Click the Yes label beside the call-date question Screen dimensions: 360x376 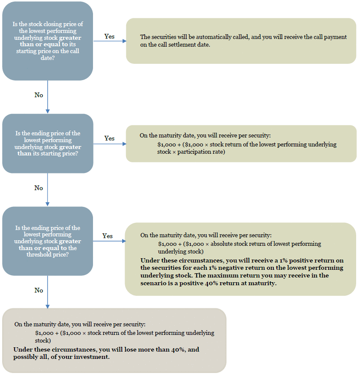click(109, 36)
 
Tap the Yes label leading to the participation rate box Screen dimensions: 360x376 click(109, 138)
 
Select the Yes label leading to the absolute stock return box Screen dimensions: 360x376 click(107, 236)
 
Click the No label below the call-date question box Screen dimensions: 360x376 click(39, 95)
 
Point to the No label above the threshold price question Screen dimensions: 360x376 click(39, 188)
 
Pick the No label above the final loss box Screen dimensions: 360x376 click(39, 290)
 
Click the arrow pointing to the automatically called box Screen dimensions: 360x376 click(110, 41)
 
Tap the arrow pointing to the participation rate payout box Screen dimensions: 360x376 click(110, 144)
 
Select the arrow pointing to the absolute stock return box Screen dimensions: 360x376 click(109, 241)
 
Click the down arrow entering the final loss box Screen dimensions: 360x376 click(48, 292)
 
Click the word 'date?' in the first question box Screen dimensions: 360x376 click(48, 58)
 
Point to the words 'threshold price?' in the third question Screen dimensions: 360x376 click(48, 254)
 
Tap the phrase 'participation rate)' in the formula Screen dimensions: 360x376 click(201, 152)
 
